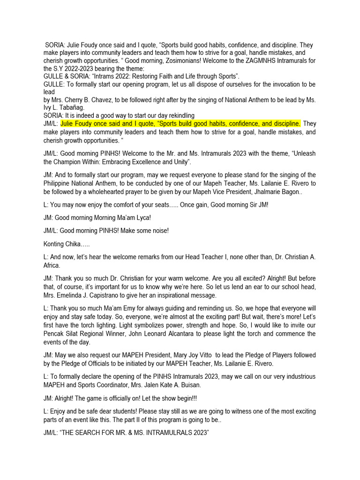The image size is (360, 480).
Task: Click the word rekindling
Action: tap(175, 115)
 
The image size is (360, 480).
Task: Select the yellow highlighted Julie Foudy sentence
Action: tap(180, 124)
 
